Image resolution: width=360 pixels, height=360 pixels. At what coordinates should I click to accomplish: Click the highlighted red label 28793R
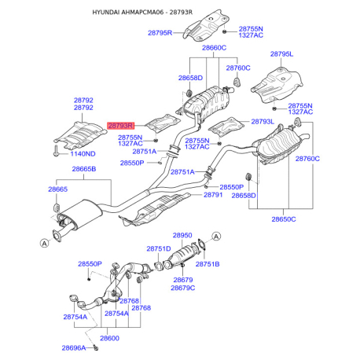tap(120, 126)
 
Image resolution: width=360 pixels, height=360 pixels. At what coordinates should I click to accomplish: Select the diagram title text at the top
tap(142, 12)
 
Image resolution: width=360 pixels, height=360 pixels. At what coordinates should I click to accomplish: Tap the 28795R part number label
tap(160, 33)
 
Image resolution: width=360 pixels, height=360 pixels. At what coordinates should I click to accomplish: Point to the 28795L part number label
tap(281, 54)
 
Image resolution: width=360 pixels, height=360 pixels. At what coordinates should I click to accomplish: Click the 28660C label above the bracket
tap(214, 48)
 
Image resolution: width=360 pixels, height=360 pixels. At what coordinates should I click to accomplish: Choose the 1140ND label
tap(83, 154)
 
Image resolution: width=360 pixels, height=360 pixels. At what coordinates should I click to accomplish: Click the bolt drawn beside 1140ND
tap(56, 151)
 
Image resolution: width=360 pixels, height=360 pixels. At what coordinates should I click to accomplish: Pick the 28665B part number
tap(84, 169)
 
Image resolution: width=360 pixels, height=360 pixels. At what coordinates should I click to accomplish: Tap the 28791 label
tap(213, 195)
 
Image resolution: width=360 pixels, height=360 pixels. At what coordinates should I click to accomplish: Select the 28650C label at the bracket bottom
tap(284, 219)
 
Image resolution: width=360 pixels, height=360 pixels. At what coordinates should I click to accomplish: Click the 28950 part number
tap(182, 235)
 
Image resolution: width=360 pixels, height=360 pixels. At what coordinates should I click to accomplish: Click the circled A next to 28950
tap(216, 237)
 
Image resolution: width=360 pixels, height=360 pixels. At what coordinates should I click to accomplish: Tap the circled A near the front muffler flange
tap(45, 243)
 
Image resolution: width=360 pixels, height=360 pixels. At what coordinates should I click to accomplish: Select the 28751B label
tap(208, 264)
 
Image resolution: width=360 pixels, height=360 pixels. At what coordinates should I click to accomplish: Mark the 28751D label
tap(159, 248)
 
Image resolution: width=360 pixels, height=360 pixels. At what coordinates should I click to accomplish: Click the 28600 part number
tap(109, 338)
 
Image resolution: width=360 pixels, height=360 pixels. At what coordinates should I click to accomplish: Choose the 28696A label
tap(74, 348)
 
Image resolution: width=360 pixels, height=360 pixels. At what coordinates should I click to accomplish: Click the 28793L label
tap(263, 122)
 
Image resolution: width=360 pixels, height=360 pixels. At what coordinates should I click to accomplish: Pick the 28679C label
tap(183, 288)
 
